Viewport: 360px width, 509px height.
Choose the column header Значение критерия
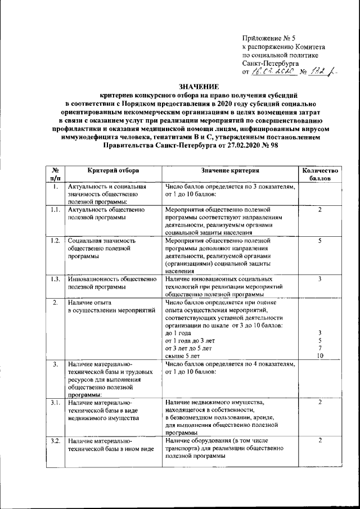[x=230, y=170]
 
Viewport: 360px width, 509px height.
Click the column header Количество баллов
[x=319, y=174]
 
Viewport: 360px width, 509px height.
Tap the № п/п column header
[x=55, y=174]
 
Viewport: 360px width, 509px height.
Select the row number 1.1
[x=55, y=209]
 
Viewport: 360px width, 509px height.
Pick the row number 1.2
[x=55, y=241]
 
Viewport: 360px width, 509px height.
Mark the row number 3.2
[x=55, y=440]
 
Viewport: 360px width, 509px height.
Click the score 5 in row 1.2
[x=319, y=241]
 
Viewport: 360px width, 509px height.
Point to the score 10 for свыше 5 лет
[x=319, y=355]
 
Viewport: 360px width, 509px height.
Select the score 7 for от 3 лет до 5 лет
[x=319, y=348]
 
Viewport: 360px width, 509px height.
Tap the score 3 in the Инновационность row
[x=319, y=279]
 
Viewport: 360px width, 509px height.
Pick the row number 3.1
[x=55, y=403]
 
